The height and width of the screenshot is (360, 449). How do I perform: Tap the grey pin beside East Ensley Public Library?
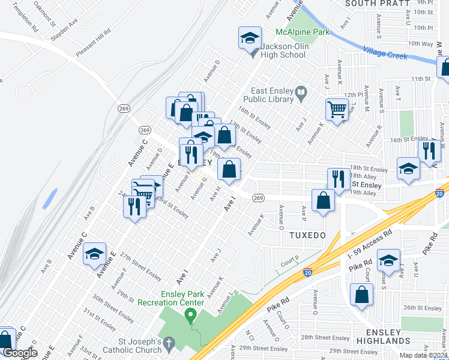point(301,92)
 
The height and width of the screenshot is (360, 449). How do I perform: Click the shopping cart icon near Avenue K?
point(337,110)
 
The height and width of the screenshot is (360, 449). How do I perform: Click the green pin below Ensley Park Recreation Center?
point(191,314)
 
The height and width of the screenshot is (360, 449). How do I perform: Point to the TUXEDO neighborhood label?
point(306,235)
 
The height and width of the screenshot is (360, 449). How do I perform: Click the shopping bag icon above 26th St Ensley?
point(363,295)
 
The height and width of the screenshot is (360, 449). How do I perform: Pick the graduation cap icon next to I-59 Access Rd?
point(389,260)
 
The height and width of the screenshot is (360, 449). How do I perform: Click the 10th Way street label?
point(420,44)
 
